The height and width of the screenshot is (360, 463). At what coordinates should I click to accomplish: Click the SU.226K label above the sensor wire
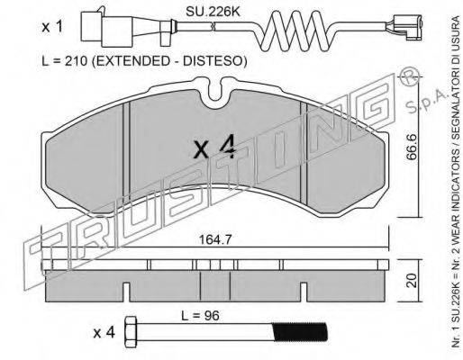click(213, 12)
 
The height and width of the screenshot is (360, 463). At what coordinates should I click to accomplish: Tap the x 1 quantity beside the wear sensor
click(52, 28)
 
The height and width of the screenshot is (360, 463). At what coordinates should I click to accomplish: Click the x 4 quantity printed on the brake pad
click(213, 149)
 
